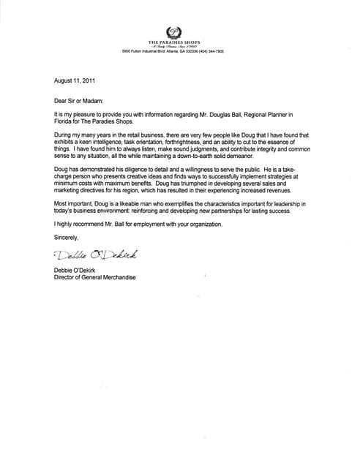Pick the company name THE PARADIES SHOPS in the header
click(x=174, y=43)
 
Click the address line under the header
click(x=173, y=53)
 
